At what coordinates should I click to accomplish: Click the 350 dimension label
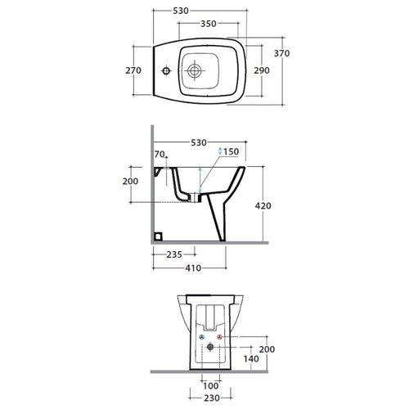point(209,24)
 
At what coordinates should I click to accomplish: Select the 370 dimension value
point(281,53)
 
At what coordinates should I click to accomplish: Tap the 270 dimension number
point(133,70)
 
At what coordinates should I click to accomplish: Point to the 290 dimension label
point(262,70)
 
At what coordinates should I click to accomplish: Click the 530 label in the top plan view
point(181,11)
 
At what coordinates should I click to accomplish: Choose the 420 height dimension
point(263,205)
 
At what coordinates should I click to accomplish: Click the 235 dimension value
point(174,254)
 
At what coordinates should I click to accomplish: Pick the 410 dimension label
point(193,268)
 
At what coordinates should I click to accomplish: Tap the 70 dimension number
point(160,154)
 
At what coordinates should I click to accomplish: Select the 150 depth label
point(231,151)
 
